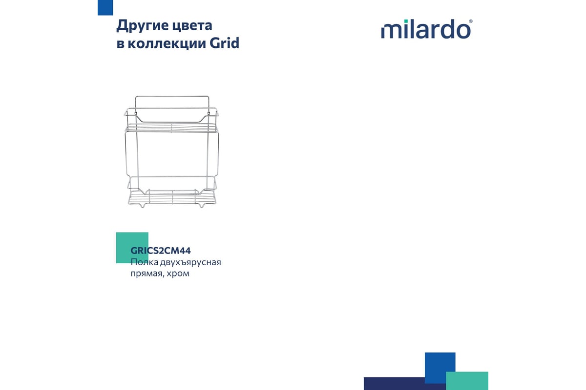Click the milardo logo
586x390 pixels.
[427, 29]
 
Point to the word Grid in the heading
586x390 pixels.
[225, 43]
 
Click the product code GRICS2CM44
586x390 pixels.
[161, 251]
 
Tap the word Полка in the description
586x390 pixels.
[144, 262]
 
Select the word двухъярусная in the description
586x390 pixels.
[190, 263]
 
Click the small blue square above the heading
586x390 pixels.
[105, 8]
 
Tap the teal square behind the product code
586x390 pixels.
[132, 248]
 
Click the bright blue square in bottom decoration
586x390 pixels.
[440, 368]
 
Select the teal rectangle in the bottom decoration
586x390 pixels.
[467, 381]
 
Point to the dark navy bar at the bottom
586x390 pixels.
[405, 384]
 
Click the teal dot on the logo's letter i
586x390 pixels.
[406, 21]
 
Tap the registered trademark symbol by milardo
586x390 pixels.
[471, 21]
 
